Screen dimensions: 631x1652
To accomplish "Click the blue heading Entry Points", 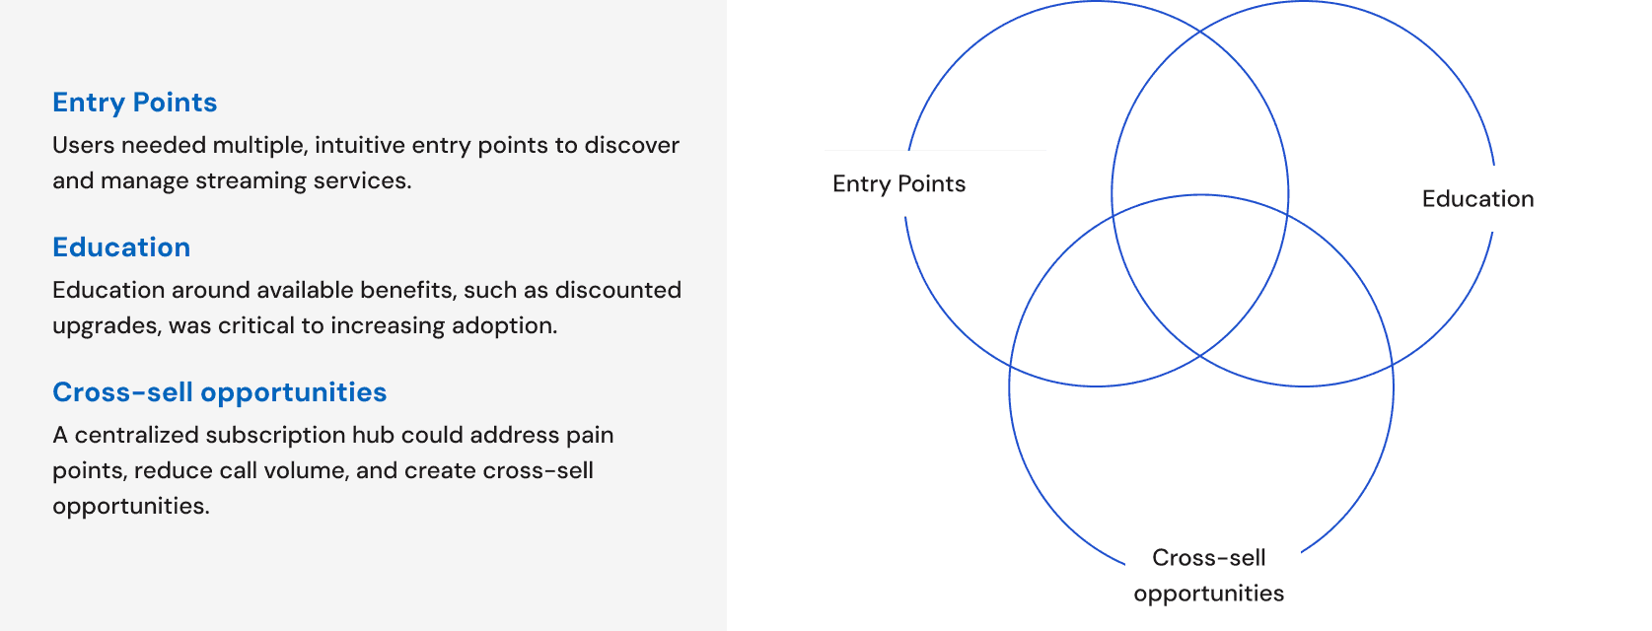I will [x=134, y=103].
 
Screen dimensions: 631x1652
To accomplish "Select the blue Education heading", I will [x=121, y=247].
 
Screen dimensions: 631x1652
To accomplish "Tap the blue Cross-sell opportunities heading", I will [x=219, y=392].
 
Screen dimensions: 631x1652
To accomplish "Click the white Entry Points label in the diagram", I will [x=934, y=183].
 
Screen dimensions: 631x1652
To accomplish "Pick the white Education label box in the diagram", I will [x=1532, y=198].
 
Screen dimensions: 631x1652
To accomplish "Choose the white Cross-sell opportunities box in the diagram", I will [x=1212, y=575].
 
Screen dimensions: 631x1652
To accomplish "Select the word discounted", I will [x=618, y=290].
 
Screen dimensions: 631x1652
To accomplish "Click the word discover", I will [x=632, y=145].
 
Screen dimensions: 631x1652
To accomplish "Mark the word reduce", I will [x=174, y=470].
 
